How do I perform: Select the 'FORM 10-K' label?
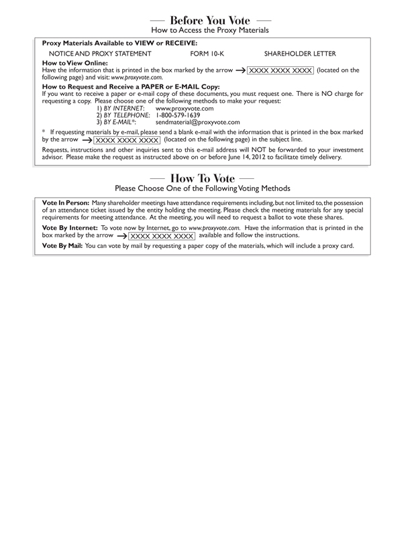(207, 53)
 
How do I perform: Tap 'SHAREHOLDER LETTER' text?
(300, 53)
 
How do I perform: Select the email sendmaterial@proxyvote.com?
(197, 122)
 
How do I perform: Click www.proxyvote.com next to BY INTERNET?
(185, 108)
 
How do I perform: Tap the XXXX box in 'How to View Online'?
(280, 70)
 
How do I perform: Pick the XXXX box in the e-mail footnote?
(127, 140)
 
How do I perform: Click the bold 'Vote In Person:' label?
(65, 202)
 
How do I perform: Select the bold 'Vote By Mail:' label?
(63, 246)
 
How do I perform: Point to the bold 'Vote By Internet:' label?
(70, 228)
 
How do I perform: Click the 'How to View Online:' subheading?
(70, 62)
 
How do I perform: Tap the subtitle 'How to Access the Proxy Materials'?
(209, 30)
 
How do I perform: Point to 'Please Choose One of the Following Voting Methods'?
(209, 188)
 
